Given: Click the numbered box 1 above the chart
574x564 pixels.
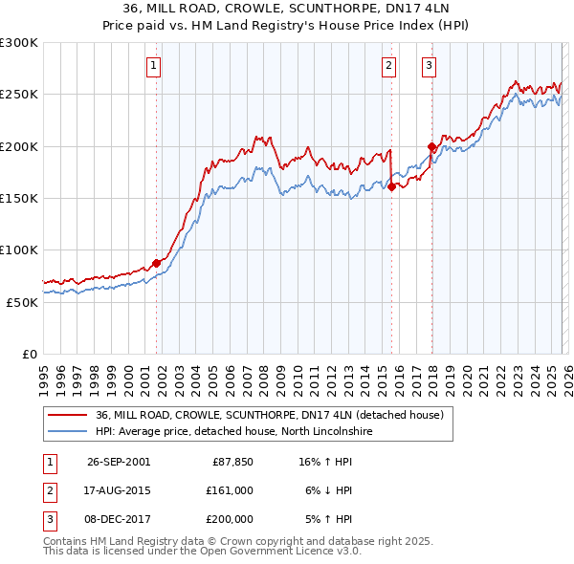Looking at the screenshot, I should (154, 66).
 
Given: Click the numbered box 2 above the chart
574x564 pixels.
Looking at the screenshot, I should (389, 66).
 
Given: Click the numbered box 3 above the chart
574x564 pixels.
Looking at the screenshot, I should (430, 66).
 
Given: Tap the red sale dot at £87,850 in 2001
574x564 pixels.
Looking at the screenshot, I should (157, 263).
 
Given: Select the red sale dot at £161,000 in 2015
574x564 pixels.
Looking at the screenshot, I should (392, 187).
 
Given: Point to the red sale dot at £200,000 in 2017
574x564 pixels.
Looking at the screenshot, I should (431, 147).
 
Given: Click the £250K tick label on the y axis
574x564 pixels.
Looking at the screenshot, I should (19, 95).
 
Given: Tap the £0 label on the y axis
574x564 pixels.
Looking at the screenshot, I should (31, 354).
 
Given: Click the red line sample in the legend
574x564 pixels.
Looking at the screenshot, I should (68, 416).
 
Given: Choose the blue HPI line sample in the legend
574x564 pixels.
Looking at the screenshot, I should (68, 432).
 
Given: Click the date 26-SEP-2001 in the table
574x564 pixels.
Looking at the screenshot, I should (119, 462).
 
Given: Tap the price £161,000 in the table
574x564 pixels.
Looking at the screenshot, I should (230, 490).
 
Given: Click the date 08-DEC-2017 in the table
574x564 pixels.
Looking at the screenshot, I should (119, 519).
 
